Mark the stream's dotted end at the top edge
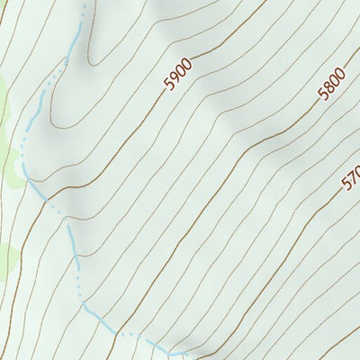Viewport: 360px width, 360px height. (x=86, y=4)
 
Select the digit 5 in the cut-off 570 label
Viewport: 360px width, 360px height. (x=346, y=184)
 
